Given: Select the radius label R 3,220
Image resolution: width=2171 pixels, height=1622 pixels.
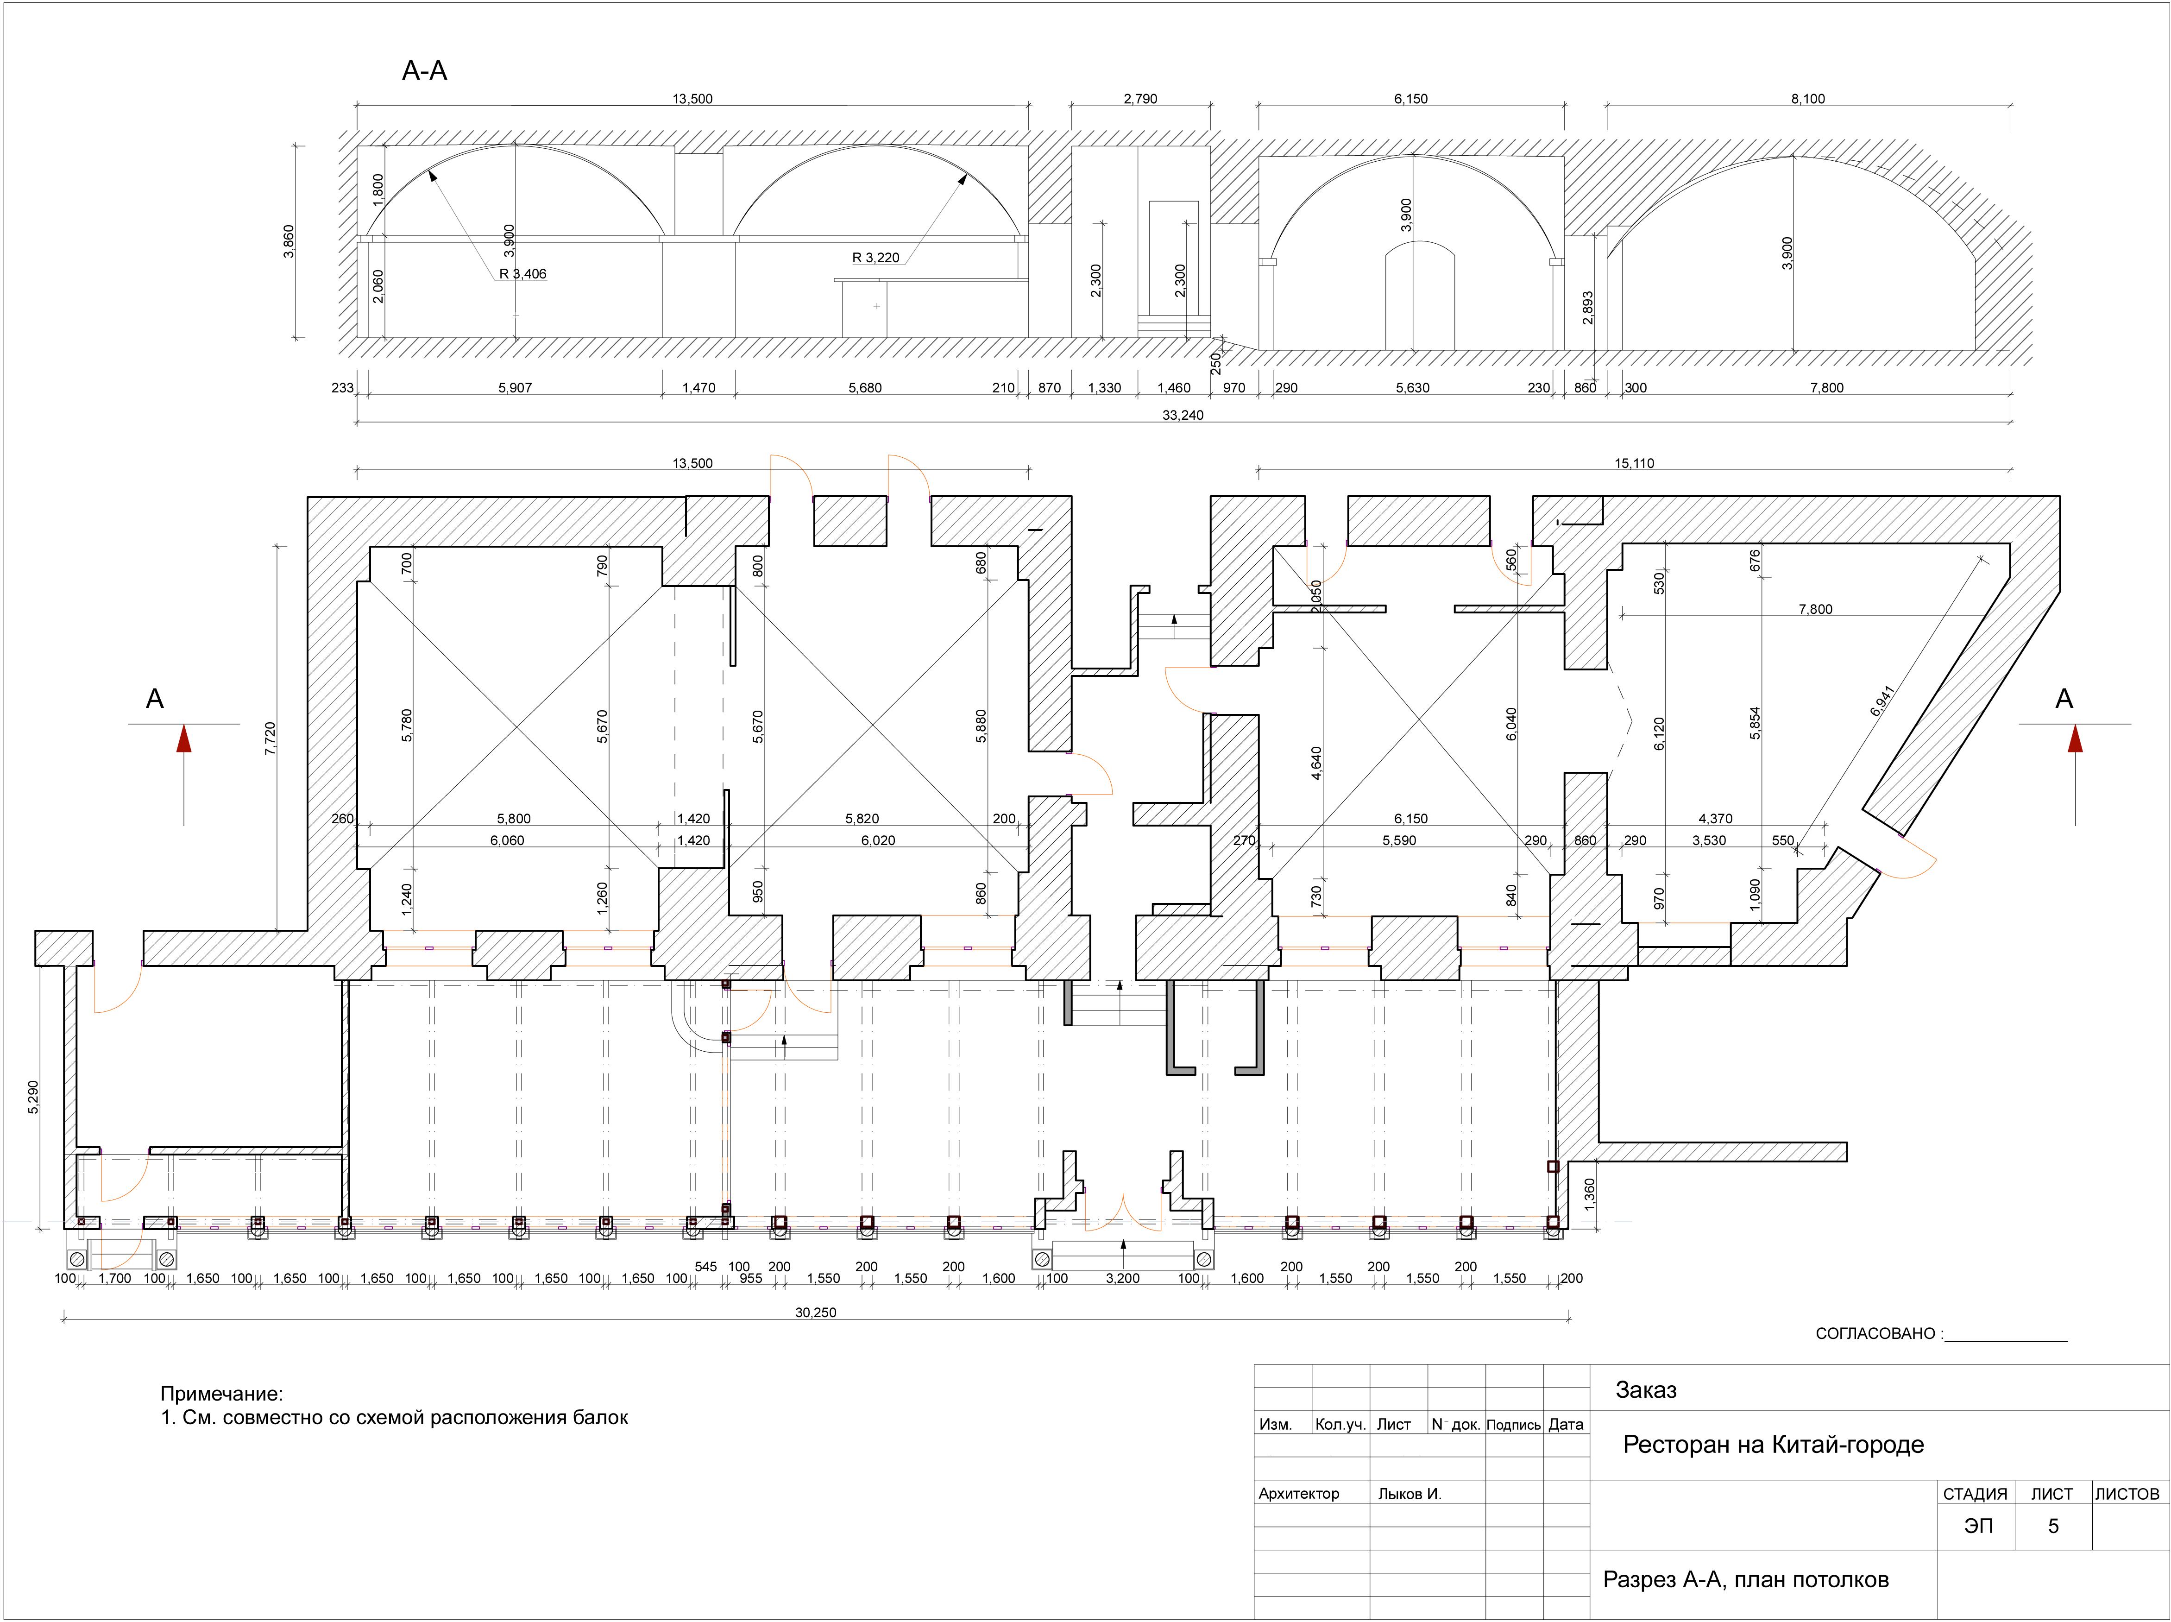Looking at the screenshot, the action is tap(875, 258).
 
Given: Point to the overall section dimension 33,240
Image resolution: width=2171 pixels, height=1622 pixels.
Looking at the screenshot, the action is tap(1183, 415).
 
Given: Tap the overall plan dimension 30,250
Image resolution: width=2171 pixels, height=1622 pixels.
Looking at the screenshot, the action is tap(816, 1313).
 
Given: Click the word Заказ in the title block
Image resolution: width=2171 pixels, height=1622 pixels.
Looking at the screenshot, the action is tap(1646, 1390).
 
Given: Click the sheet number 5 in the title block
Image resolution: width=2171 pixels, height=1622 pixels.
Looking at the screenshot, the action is tap(2053, 1527).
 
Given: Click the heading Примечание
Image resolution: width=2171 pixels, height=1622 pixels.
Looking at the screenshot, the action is tap(221, 1394).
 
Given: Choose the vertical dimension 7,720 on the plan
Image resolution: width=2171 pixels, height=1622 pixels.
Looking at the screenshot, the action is tap(271, 738).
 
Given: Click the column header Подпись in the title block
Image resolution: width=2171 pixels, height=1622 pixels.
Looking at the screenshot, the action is tap(1513, 1425).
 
